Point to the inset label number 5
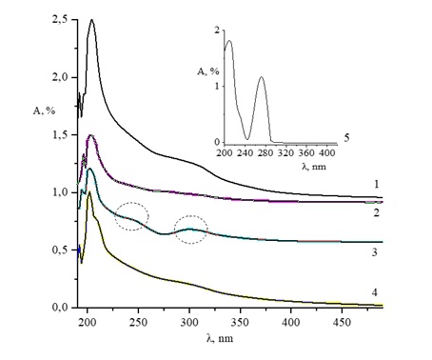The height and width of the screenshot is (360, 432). point(347,138)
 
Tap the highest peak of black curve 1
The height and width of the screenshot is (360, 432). point(91,20)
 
